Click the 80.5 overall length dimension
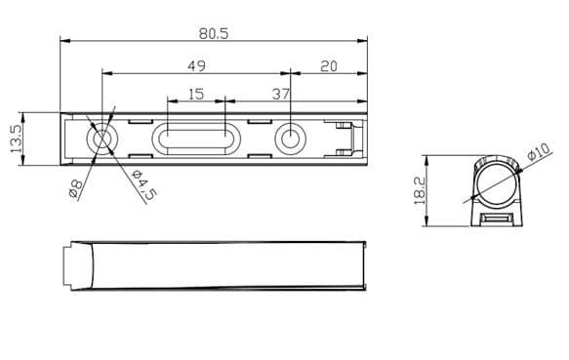(x=214, y=33)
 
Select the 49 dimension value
(x=196, y=66)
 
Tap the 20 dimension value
(x=329, y=66)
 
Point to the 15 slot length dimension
(x=196, y=95)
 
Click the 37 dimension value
(x=281, y=95)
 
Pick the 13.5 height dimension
(x=16, y=139)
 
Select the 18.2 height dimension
(x=420, y=190)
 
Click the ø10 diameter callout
(x=539, y=151)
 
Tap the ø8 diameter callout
(x=76, y=188)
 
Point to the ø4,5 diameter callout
(x=144, y=184)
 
